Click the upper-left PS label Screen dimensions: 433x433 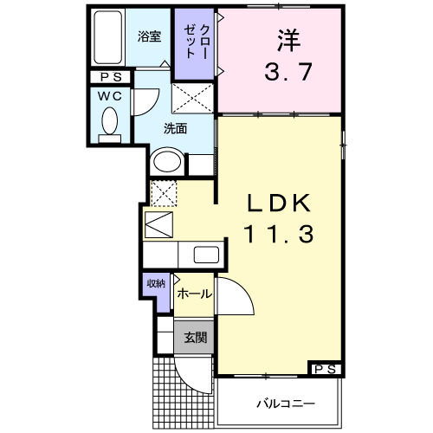108,77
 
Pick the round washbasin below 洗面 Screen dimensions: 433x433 167,162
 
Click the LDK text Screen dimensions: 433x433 278,204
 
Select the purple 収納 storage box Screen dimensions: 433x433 156,284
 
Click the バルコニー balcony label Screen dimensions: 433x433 284,404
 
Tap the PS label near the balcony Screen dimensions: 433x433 326,370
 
